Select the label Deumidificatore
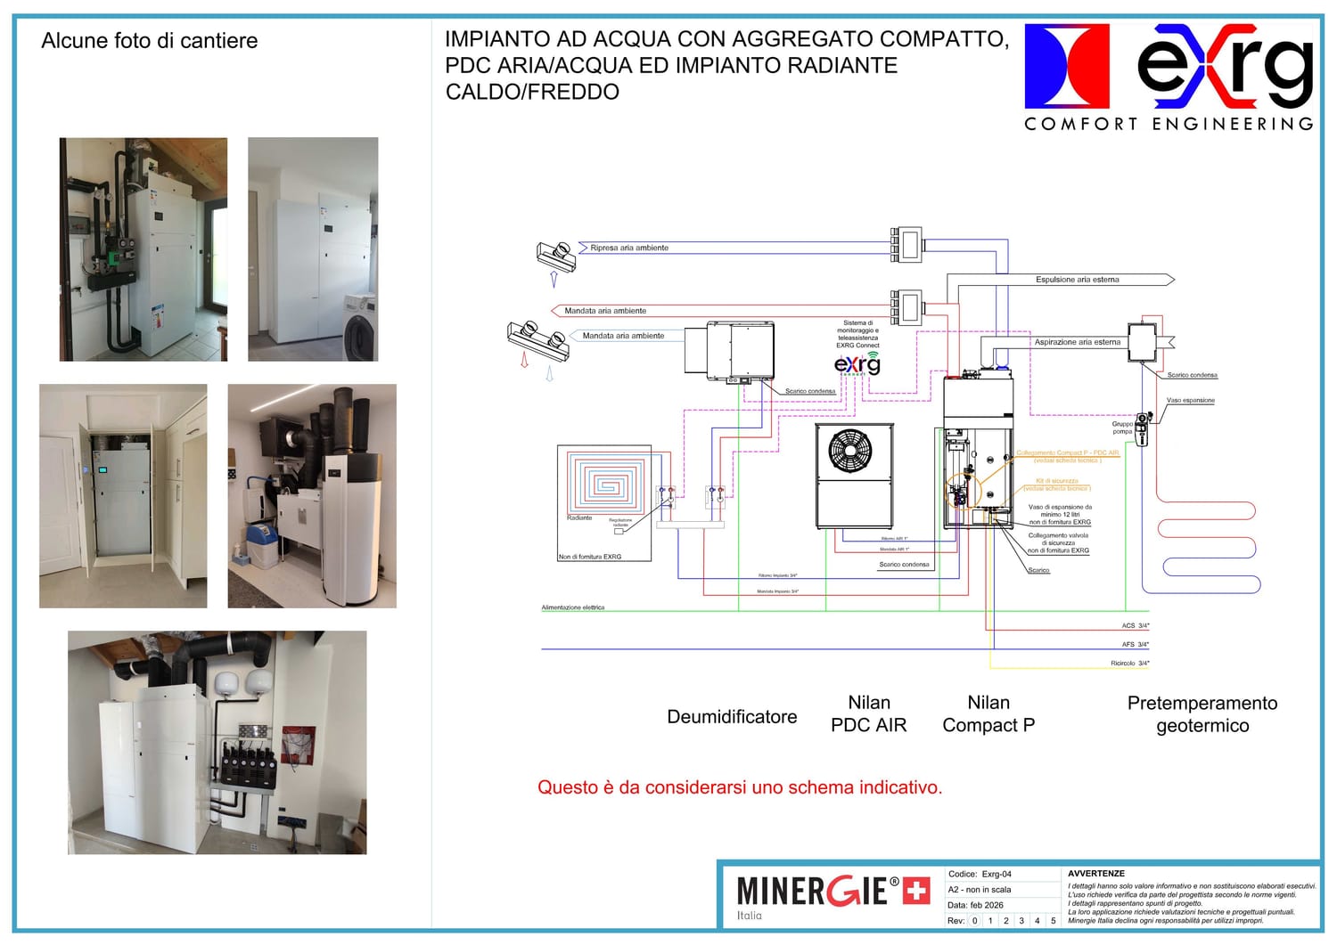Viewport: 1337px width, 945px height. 732,717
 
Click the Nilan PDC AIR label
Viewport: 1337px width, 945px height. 868,714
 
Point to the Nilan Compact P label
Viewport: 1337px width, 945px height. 988,714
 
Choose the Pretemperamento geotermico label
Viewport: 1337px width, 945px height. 1202,714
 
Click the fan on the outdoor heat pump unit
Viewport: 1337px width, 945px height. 850,451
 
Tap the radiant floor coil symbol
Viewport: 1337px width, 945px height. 607,485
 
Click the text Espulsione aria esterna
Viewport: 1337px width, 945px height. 1077,280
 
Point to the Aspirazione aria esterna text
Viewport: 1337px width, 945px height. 1077,342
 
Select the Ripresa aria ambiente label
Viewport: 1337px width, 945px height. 629,248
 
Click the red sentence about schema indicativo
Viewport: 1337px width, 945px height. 739,787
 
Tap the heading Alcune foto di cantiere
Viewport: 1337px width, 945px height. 150,41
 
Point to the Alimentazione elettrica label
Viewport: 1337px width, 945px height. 573,607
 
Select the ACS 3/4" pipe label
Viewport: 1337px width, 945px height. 1135,626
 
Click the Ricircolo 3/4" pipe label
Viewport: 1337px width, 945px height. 1129,664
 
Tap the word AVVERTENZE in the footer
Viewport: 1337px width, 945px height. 1096,874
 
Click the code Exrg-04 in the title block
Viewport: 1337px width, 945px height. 997,875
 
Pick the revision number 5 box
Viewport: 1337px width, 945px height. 1053,921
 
